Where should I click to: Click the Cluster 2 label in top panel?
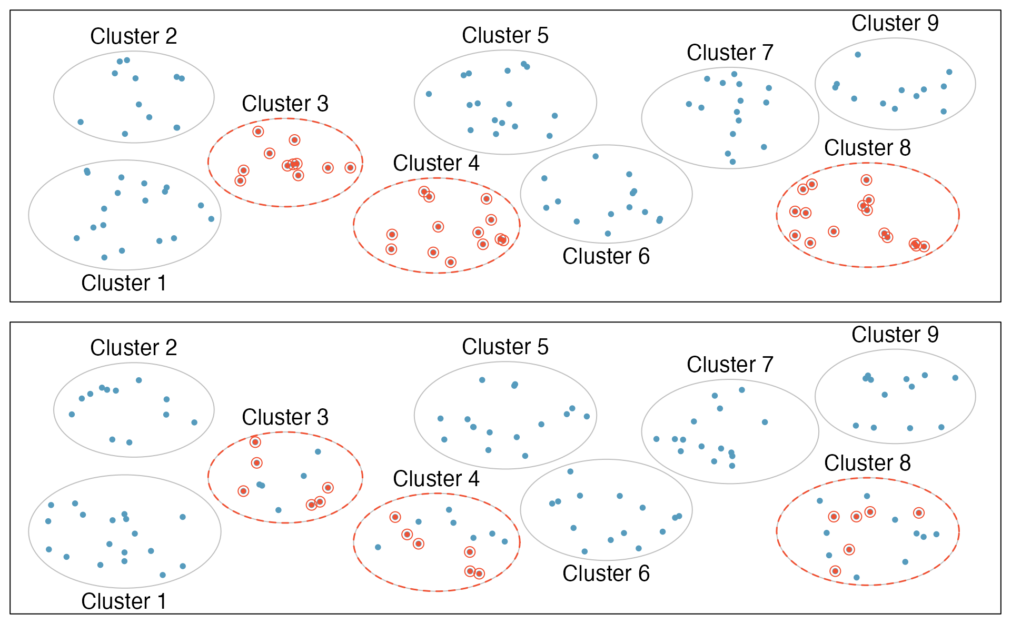133,36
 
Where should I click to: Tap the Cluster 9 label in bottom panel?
895,335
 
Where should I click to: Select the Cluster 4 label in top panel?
436,163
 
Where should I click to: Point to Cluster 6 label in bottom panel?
606,573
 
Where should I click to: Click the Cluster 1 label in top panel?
124,283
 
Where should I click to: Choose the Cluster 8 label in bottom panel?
867,463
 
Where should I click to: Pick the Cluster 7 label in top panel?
730,53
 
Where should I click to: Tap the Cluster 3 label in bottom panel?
285,417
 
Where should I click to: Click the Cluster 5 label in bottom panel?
505,347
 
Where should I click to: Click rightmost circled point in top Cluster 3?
350,168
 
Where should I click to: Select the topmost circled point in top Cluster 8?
866,180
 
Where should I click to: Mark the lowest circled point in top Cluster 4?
450,262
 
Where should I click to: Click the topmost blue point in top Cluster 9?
858,55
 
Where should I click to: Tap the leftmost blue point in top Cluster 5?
429,94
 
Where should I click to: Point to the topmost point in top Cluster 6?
596,156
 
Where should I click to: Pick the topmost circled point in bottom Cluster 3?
255,442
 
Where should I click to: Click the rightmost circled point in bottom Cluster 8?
919,512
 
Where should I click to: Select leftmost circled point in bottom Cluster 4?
395,517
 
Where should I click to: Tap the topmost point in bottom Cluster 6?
570,471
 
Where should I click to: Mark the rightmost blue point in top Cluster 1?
211,219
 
